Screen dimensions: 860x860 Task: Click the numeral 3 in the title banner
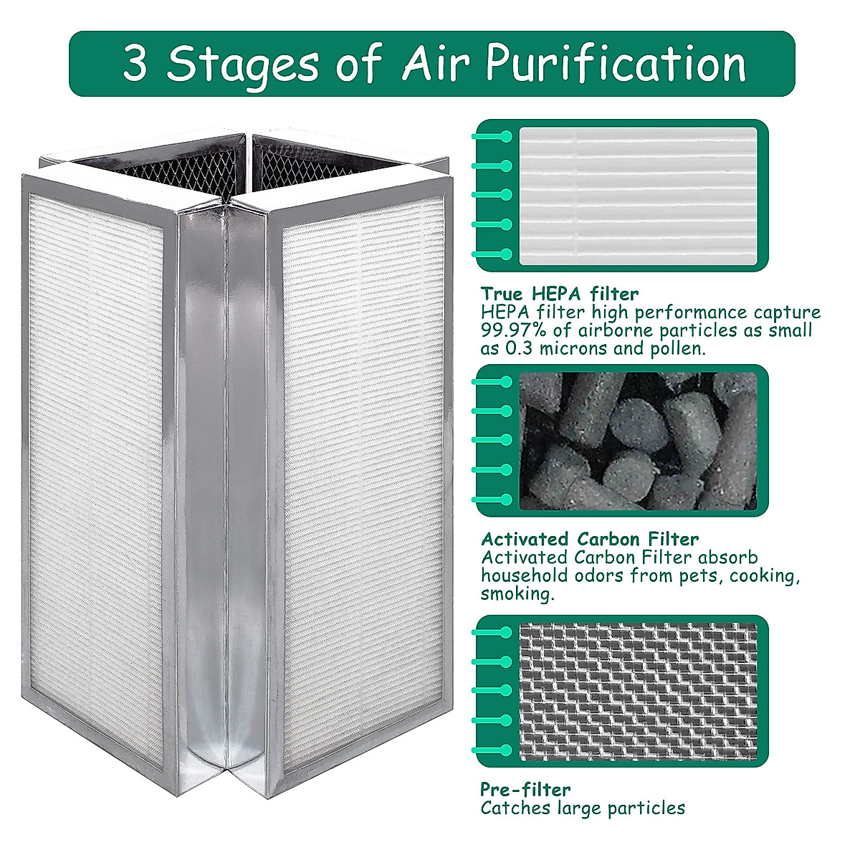(x=135, y=64)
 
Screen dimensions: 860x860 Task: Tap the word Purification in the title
(x=616, y=64)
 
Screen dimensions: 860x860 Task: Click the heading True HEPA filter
(x=560, y=294)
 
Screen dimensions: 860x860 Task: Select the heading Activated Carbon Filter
(x=590, y=540)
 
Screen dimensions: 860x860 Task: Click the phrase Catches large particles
(x=583, y=808)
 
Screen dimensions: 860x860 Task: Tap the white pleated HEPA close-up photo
(x=638, y=196)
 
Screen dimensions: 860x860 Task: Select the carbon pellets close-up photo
(x=638, y=441)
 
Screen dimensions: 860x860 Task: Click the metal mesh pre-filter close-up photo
(x=638, y=692)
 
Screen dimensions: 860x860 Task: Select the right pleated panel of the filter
(x=362, y=487)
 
